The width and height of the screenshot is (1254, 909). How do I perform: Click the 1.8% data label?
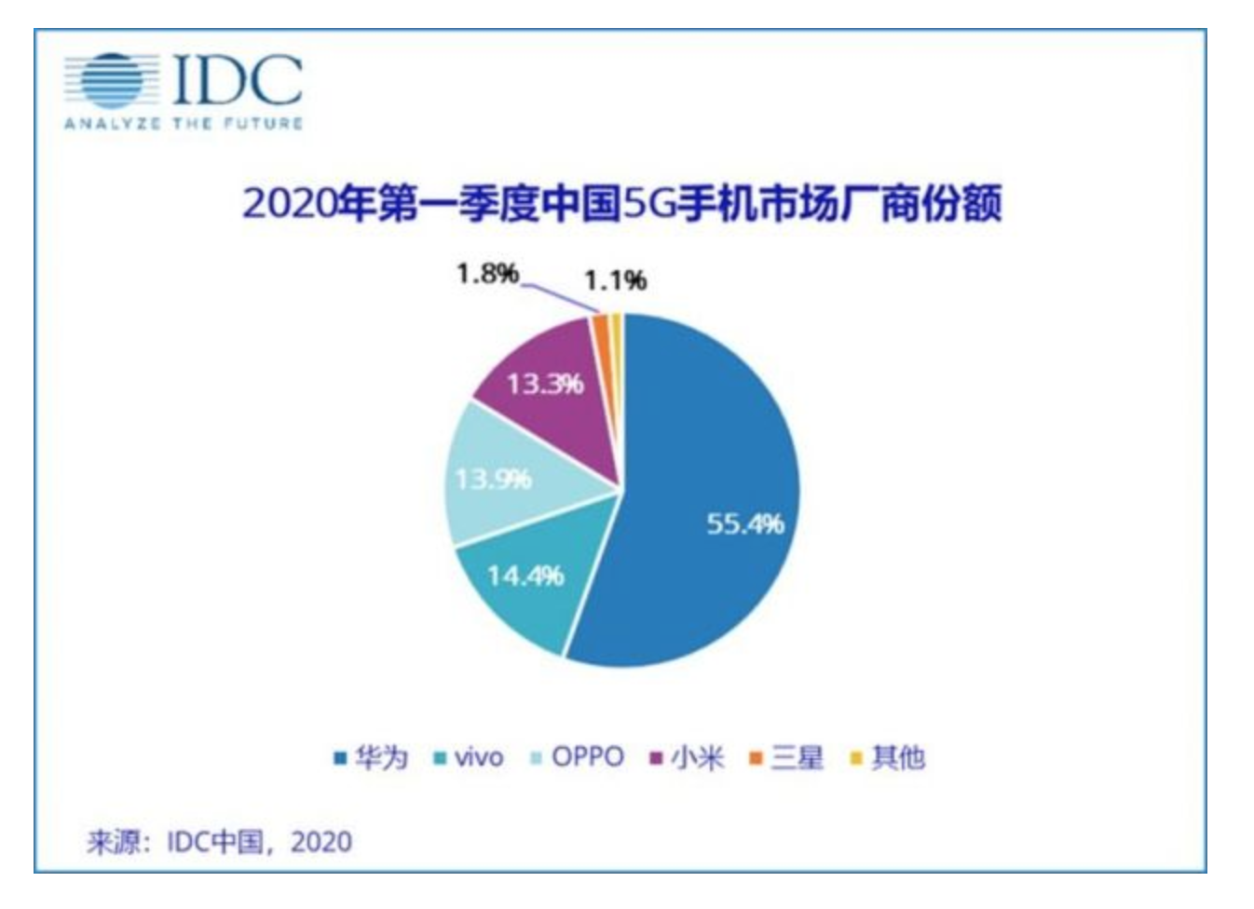pyautogui.click(x=486, y=274)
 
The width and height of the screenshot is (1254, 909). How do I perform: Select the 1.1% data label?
pyautogui.click(x=615, y=280)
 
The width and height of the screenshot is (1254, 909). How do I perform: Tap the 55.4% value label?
pyautogui.click(x=744, y=524)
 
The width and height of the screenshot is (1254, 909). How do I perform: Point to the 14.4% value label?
pyautogui.click(x=525, y=576)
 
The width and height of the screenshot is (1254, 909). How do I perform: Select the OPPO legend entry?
pyautogui.click(x=578, y=757)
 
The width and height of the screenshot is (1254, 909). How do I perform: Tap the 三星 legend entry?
pyautogui.click(x=787, y=758)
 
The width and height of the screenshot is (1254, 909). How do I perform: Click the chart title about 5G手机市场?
pyautogui.click(x=622, y=204)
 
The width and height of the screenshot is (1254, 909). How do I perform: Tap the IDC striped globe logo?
pyautogui.click(x=104, y=80)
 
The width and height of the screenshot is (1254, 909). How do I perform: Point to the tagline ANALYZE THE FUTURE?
pyautogui.click(x=184, y=124)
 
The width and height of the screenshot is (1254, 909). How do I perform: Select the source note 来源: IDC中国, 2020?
pyautogui.click(x=220, y=842)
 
